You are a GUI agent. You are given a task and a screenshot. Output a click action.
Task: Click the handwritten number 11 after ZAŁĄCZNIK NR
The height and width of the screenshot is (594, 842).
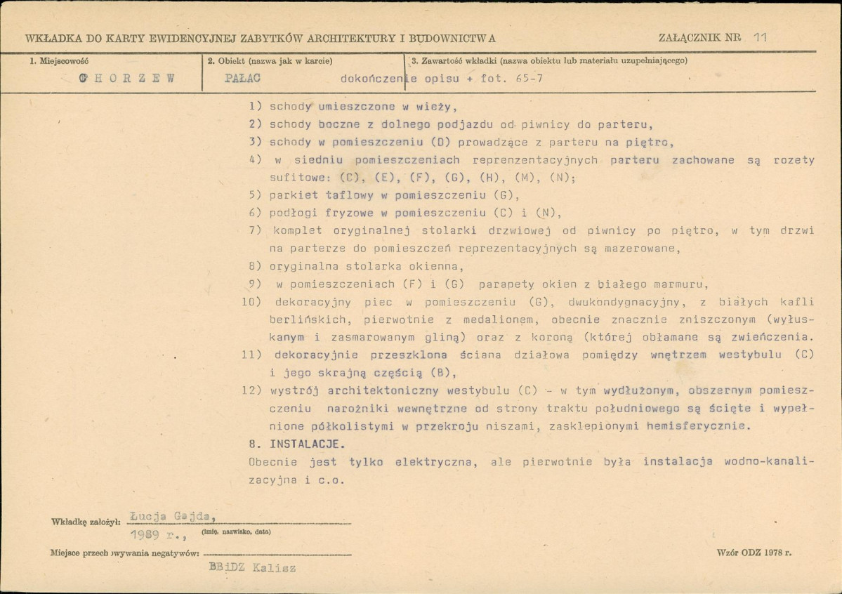(758, 37)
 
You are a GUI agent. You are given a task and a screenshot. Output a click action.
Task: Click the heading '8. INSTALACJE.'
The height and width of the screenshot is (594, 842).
(297, 444)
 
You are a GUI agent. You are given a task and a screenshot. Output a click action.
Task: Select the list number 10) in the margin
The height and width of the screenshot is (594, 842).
(252, 302)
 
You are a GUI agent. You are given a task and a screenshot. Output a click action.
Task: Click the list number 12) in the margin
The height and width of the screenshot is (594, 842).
(252, 390)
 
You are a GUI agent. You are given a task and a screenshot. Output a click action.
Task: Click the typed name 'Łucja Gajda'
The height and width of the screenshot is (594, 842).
(173, 517)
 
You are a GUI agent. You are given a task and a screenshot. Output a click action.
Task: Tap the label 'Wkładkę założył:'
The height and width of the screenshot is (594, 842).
(86, 522)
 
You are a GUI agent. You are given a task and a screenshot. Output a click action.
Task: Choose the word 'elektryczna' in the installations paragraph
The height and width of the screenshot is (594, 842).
(428, 462)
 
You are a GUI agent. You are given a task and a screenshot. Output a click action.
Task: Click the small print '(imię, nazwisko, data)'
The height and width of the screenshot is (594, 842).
(236, 532)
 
